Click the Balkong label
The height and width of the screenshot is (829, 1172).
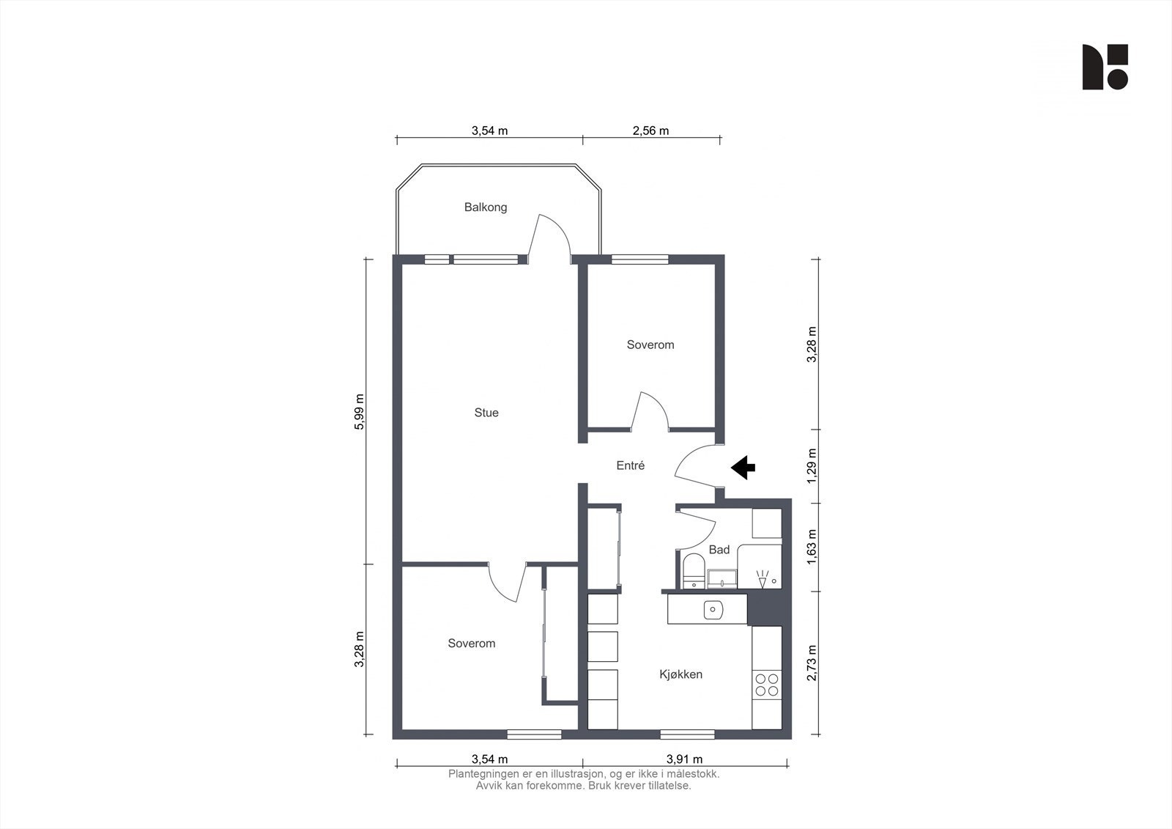tap(486, 207)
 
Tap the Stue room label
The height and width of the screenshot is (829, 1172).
tap(486, 413)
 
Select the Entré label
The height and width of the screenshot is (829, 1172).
tap(630, 465)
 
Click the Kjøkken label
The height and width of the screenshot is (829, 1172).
tap(680, 674)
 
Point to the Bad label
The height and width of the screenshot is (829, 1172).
tap(719, 550)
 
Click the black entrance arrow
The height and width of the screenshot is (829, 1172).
tap(743, 468)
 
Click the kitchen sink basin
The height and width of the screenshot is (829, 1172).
tap(713, 610)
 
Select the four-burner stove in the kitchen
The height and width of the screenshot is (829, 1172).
tap(766, 685)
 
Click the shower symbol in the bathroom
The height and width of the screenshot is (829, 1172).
tap(764, 578)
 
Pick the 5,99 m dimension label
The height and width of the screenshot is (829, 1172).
tap(359, 412)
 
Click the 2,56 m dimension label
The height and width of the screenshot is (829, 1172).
tap(650, 130)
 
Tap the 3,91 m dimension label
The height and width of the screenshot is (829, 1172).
tap(684, 759)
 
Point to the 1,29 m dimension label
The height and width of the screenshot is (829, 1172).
tap(812, 466)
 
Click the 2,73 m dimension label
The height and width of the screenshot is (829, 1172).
tap(812, 663)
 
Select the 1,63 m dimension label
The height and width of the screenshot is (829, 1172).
tap(812, 547)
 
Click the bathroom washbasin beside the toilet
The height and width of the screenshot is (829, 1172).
tap(722, 578)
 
